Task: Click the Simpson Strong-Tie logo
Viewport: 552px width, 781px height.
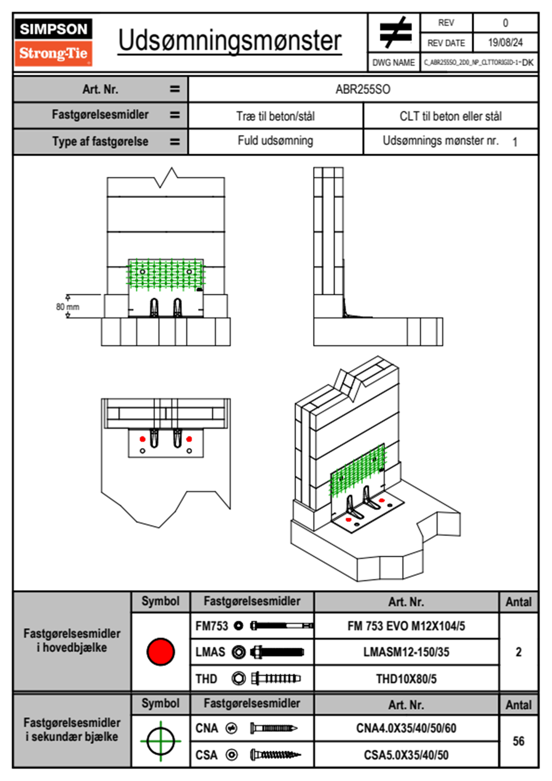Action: click(x=53, y=42)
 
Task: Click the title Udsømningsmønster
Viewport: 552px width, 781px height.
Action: click(x=230, y=41)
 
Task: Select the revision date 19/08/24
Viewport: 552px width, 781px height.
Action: click(x=505, y=43)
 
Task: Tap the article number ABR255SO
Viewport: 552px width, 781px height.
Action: click(x=363, y=89)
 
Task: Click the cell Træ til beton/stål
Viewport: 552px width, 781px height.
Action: click(x=276, y=116)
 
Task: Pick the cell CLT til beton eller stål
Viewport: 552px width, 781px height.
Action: click(x=450, y=116)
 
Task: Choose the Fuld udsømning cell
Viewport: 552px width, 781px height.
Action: click(x=276, y=141)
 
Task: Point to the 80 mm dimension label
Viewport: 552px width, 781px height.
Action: click(x=68, y=307)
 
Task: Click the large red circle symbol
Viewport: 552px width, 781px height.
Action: click(x=160, y=651)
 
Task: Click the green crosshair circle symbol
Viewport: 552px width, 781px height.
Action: click(x=160, y=741)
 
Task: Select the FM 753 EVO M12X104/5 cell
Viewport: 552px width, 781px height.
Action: click(x=406, y=626)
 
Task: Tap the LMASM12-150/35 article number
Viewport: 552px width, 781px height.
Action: click(x=406, y=652)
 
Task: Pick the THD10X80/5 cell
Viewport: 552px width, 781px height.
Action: click(x=406, y=679)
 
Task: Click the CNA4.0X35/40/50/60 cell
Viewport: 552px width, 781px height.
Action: click(x=406, y=728)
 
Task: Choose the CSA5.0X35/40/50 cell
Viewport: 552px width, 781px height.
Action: click(x=406, y=755)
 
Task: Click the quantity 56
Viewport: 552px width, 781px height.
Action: click(x=518, y=741)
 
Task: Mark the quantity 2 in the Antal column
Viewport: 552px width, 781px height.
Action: click(x=518, y=652)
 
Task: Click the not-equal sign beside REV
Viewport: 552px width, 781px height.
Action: click(x=395, y=33)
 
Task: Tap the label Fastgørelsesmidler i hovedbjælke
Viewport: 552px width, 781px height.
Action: click(x=72, y=640)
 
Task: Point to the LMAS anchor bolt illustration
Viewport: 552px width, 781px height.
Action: click(x=277, y=652)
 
